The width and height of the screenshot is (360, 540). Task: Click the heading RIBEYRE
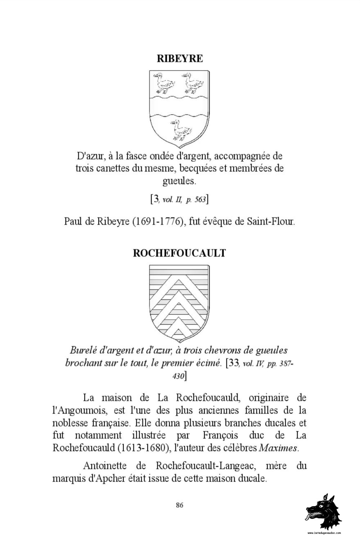tap(180, 58)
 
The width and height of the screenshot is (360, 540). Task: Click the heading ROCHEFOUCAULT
tap(179, 253)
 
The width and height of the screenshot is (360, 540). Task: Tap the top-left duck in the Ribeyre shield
tap(164, 83)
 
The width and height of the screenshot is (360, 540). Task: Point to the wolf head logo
tap(324, 511)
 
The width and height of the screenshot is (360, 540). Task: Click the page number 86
tap(180, 505)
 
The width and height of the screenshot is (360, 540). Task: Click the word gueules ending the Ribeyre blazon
tap(179, 180)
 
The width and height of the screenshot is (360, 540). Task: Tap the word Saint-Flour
tap(271, 221)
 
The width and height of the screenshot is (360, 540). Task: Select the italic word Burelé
tap(83, 350)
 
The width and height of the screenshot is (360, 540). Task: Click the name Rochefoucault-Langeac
tap(206, 466)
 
